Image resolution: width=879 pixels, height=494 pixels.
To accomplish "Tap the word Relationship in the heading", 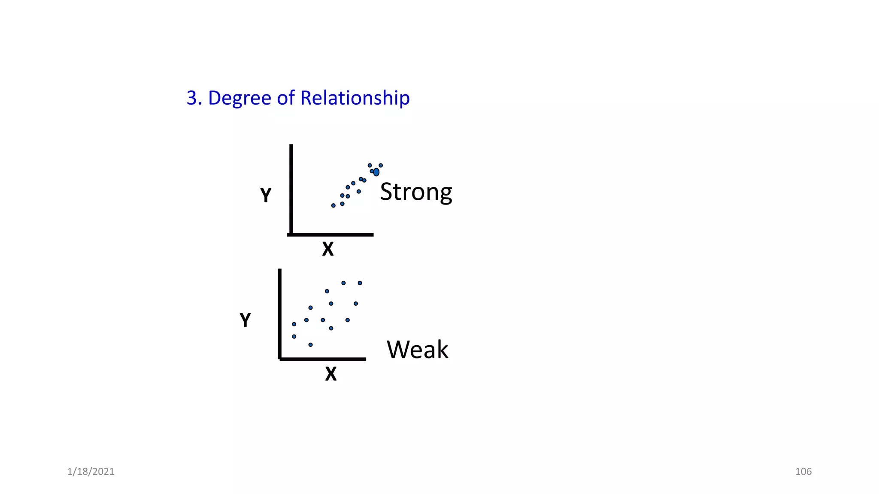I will pos(355,99).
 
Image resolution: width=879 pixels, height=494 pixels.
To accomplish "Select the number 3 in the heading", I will pos(191,98).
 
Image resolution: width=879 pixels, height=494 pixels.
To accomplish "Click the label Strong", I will pos(415,192).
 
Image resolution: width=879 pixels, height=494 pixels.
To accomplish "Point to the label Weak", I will pos(417,349).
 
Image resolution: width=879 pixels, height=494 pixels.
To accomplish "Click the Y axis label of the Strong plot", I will pos(266,196).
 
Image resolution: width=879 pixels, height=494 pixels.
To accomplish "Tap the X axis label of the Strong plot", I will pos(328,249).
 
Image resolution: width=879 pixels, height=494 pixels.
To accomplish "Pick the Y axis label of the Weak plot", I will pos(245,320).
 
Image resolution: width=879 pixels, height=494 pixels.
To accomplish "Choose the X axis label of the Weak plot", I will pos(331,374).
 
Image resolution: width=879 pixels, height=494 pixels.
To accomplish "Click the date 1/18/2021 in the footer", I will pos(91,472).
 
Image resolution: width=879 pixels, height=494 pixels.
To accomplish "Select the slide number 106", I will pos(803,472).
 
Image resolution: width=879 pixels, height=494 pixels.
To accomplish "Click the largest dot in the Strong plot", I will pos(376,172).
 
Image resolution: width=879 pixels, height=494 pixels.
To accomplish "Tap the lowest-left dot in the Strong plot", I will pos(333,205).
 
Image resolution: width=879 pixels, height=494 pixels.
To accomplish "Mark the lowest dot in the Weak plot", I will pos(310,345).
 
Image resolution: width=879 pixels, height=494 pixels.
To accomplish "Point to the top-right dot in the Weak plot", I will pos(360,283).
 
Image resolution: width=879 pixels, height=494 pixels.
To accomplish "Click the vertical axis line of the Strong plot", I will pos(291,189).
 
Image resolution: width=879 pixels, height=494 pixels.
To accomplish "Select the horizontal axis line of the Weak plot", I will pos(323,359).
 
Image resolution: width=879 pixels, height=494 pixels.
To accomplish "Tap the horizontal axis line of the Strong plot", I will pos(330,235).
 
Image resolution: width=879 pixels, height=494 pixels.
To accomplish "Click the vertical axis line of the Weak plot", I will pos(280,313).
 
